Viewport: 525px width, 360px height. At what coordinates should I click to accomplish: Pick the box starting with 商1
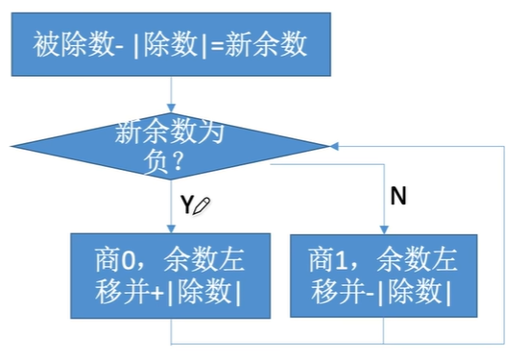383,275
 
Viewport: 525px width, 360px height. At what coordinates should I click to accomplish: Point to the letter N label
397,197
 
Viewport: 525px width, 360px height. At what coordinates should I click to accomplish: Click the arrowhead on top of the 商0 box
170,228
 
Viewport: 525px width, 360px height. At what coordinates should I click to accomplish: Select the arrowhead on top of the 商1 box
383,228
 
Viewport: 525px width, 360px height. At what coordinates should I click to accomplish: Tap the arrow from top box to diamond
170,94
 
